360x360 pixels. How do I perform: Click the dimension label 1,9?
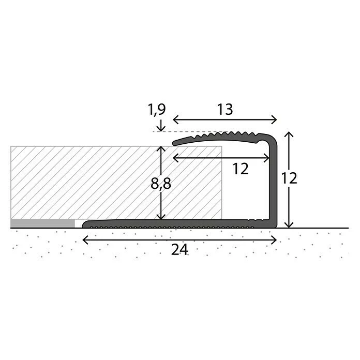pos(157,109)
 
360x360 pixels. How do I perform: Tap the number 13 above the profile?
pos(225,110)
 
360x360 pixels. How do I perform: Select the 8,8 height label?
pos(161,183)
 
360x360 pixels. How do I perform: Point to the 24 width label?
pos(179,249)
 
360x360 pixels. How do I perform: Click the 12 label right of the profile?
pos(289,178)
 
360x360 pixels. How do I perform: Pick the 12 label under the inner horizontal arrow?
pos(241,169)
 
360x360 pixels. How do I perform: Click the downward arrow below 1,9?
pos(161,126)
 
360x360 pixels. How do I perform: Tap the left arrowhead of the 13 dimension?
pos(176,119)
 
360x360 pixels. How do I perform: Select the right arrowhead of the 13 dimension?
pos(274,119)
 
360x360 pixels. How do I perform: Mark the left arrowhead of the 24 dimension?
pos(85,240)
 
